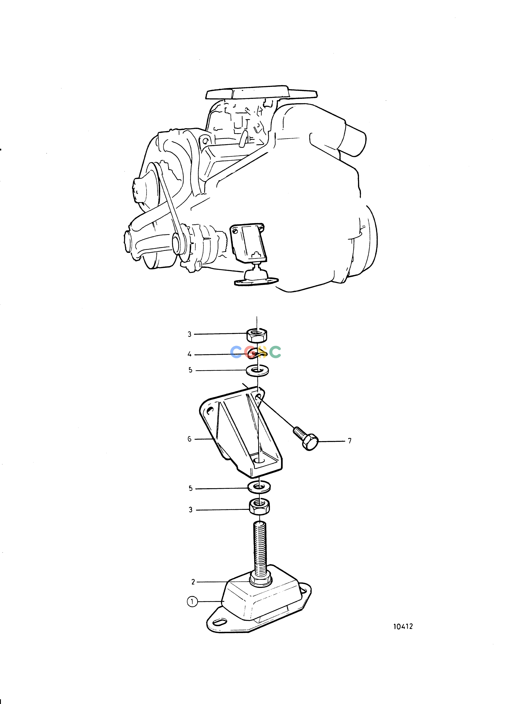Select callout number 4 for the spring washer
coord(190,354)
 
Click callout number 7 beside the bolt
coord(350,441)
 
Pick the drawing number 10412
coord(403,626)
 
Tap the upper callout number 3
coord(190,334)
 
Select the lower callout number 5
coord(190,488)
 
